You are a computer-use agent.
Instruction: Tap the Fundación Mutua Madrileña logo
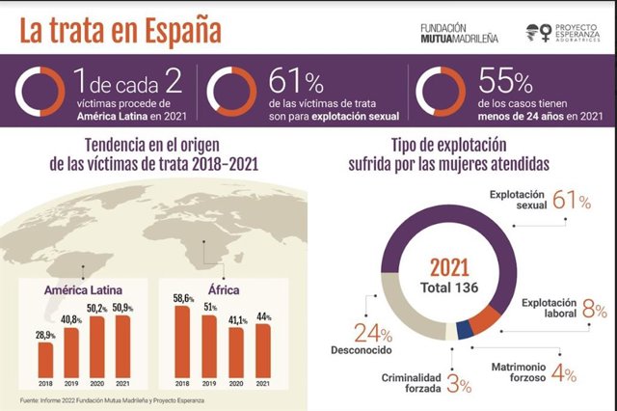(x=459, y=34)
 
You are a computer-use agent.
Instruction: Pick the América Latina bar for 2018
(x=45, y=358)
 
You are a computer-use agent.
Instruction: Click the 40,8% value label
(x=71, y=318)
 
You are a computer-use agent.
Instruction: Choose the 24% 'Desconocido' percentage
(x=374, y=334)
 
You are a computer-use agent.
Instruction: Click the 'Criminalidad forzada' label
(x=411, y=384)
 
